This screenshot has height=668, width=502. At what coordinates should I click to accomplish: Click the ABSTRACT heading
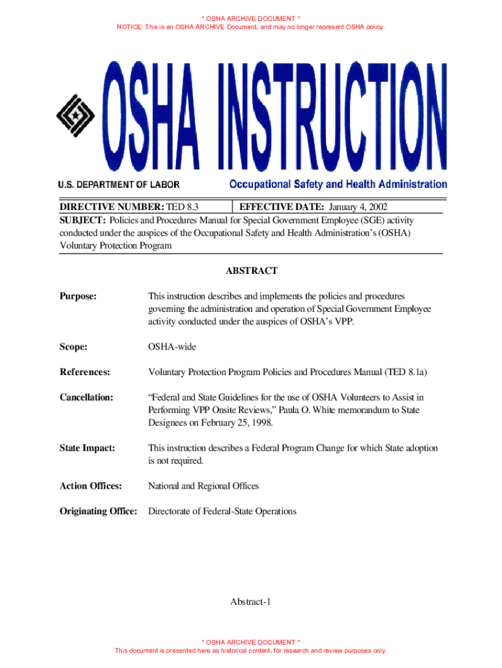pyautogui.click(x=251, y=271)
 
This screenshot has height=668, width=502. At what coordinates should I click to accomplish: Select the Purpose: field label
pyautogui.click(x=78, y=296)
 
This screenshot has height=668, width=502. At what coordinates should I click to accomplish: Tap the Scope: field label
pyautogui.click(x=74, y=347)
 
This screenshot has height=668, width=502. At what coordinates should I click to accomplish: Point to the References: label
pyautogui.click(x=85, y=372)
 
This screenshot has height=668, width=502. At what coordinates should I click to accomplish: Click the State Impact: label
pyautogui.click(x=87, y=448)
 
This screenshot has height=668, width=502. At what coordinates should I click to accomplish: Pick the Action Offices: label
pyautogui.click(x=91, y=486)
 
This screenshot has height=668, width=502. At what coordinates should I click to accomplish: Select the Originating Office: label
pyautogui.click(x=98, y=511)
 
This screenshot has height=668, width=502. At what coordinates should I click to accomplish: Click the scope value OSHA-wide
pyautogui.click(x=172, y=347)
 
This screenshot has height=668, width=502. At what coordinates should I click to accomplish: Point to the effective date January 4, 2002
pyautogui.click(x=357, y=207)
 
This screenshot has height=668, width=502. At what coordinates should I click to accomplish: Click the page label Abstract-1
pyautogui.click(x=251, y=601)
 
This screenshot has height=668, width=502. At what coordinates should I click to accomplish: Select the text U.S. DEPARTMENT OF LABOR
pyautogui.click(x=119, y=185)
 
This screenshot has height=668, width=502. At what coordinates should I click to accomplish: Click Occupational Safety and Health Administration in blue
pyautogui.click(x=338, y=185)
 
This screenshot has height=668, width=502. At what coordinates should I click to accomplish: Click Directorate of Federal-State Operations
pyautogui.click(x=222, y=511)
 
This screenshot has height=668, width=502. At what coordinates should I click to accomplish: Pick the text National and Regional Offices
pyautogui.click(x=203, y=486)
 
